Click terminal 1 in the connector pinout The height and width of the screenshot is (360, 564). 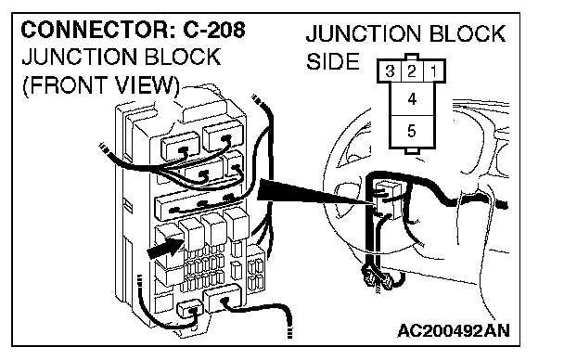click(434, 71)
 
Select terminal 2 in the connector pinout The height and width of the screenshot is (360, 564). click(412, 71)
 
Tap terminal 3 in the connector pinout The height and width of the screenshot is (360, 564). click(390, 71)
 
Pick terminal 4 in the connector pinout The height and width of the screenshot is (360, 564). click(412, 99)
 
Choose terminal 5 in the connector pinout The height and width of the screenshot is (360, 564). click(412, 131)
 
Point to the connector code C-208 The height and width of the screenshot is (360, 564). click(214, 30)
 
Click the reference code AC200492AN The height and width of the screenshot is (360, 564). click(454, 330)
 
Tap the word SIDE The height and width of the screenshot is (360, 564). click(333, 61)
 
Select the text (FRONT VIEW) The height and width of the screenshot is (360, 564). click(101, 85)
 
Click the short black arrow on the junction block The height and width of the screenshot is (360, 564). click(166, 248)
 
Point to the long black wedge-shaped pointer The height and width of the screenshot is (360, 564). click(315, 192)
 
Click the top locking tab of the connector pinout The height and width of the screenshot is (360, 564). click(412, 57)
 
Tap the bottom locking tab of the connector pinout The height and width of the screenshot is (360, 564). click(412, 150)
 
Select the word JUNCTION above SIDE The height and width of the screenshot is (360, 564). click(363, 33)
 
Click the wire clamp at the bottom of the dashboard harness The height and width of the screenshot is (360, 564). click(378, 279)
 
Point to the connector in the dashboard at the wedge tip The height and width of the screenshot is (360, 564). click(388, 199)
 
